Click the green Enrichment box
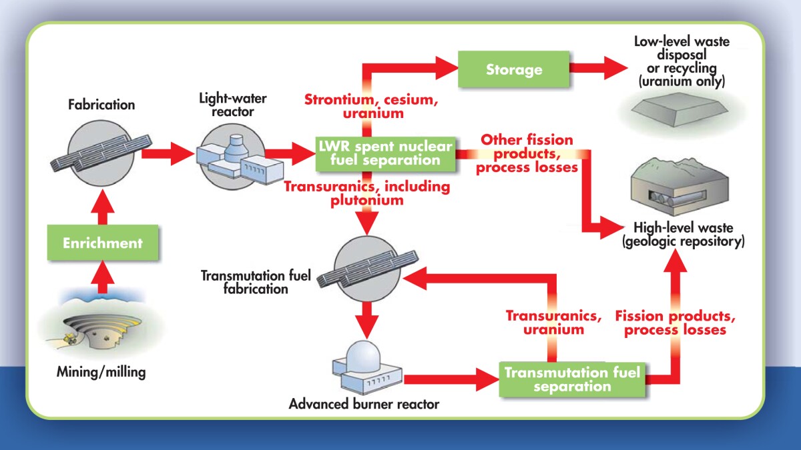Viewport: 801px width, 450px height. pyautogui.click(x=103, y=243)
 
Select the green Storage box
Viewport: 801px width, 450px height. pyautogui.click(x=513, y=69)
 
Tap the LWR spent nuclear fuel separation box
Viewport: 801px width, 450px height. pyautogui.click(x=385, y=153)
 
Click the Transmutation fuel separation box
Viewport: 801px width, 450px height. pyautogui.click(x=572, y=379)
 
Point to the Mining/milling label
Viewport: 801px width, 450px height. pyautogui.click(x=101, y=372)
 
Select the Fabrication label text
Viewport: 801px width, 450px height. pyautogui.click(x=102, y=105)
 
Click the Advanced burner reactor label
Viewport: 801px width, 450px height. pyautogui.click(x=364, y=404)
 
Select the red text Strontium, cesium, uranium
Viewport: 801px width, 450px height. pyautogui.click(x=362, y=107)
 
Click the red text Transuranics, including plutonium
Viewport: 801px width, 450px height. pyautogui.click(x=366, y=193)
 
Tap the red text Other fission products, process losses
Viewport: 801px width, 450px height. pyautogui.click(x=527, y=153)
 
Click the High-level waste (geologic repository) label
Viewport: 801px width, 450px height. pyautogui.click(x=682, y=235)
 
